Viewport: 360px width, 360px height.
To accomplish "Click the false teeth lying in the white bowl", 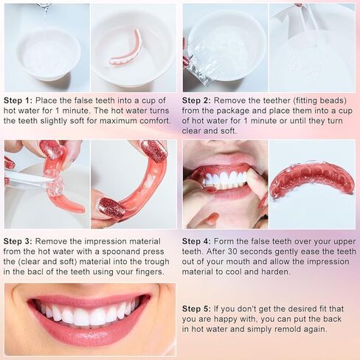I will point(126,48).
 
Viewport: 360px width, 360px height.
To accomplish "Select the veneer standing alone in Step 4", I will point(311,181).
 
